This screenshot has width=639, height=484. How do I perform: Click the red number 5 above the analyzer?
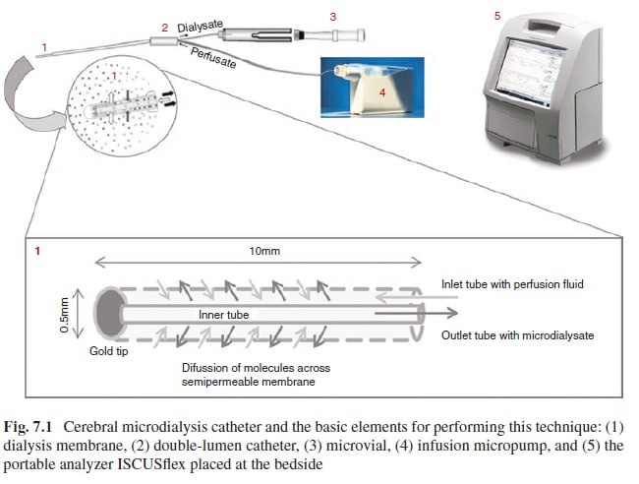(497, 16)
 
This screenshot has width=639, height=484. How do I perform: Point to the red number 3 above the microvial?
(332, 16)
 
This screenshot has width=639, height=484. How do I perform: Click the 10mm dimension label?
(265, 252)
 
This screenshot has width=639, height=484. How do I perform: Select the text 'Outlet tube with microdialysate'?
(519, 335)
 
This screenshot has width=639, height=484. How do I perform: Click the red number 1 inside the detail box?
(37, 252)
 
